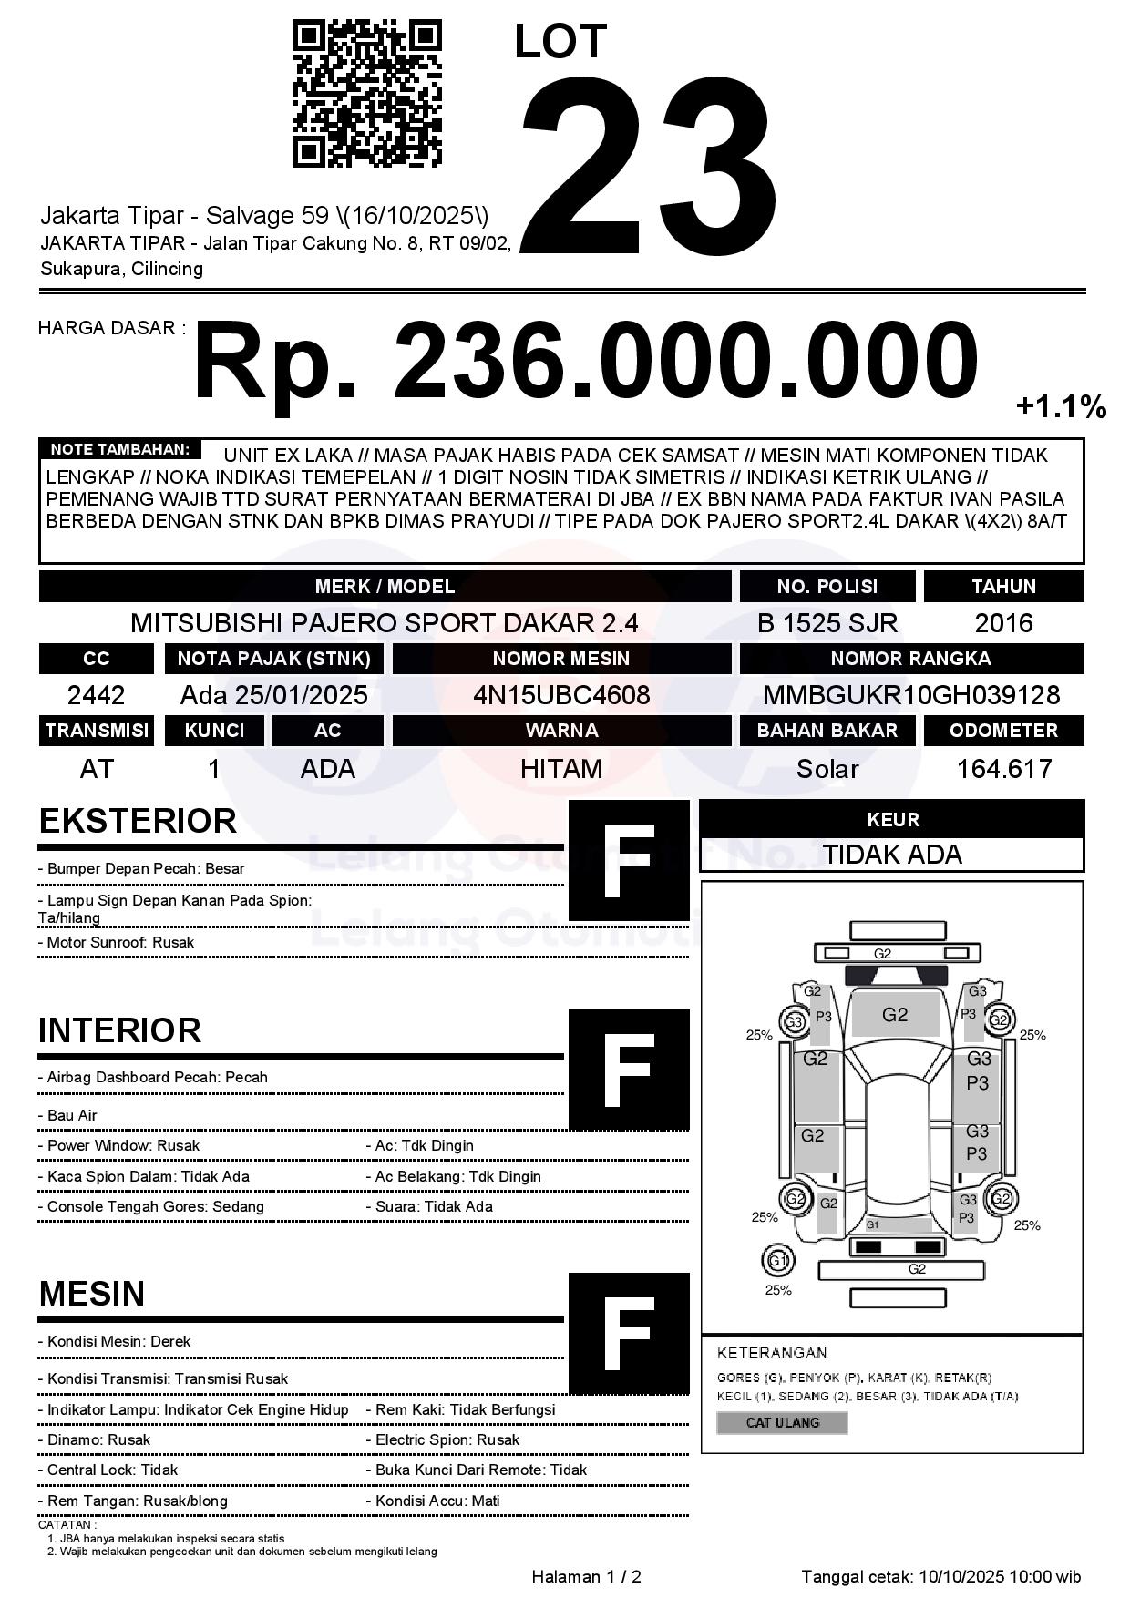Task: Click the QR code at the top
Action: coord(366,95)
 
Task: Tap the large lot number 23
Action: coord(649,167)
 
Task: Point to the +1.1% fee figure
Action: coord(1061,406)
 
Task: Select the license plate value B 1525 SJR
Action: coord(827,623)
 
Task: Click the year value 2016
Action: coord(1003,623)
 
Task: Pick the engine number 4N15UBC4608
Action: coord(561,695)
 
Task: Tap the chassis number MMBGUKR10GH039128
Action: coord(911,695)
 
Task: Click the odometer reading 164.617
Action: coord(1003,769)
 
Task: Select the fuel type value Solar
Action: coord(827,769)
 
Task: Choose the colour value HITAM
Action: coord(561,769)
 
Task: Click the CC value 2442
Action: coord(96,695)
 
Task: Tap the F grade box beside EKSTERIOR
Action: coord(629,860)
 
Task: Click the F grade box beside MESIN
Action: coord(629,1333)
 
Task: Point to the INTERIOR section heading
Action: coord(119,1030)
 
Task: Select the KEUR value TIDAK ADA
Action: coord(892,855)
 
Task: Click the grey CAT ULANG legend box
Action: coord(782,1422)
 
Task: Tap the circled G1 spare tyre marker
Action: coord(777,1261)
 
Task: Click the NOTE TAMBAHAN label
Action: coord(119,449)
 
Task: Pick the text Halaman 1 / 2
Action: coord(586,1576)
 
